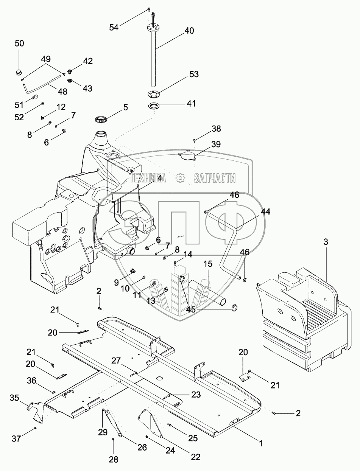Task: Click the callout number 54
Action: [x=114, y=27]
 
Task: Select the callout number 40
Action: [x=189, y=31]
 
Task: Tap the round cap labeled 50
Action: [x=19, y=72]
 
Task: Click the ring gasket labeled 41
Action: [x=154, y=106]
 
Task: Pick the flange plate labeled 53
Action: [x=154, y=94]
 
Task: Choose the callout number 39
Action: [x=216, y=144]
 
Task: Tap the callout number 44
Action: [x=265, y=211]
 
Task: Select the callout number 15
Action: [x=207, y=264]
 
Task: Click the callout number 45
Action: [x=191, y=309]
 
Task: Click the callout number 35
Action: [x=15, y=398]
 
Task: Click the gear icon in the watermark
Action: [x=180, y=178]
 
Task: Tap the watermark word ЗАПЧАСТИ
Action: [x=215, y=178]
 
